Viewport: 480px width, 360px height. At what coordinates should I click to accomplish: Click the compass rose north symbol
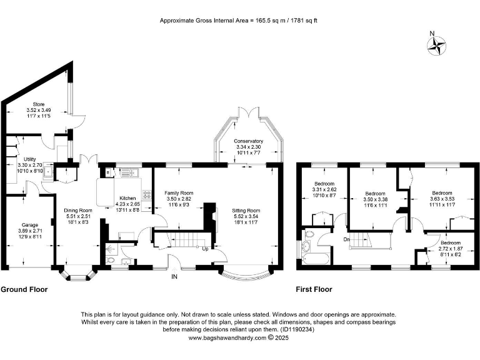[x=436, y=46]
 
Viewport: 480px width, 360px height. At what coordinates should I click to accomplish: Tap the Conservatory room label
[x=248, y=141]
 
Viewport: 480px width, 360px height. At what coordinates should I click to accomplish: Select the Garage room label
[x=30, y=225]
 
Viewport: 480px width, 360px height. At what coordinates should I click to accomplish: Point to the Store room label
[x=39, y=104]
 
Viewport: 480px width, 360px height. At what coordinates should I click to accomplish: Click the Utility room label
[x=30, y=159]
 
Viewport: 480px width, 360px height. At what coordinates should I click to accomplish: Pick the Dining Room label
[x=77, y=210]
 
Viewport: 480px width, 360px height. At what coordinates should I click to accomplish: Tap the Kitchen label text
[x=127, y=198]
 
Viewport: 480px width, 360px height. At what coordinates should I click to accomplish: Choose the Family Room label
[x=179, y=193]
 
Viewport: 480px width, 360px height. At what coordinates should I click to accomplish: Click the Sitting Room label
[x=246, y=210]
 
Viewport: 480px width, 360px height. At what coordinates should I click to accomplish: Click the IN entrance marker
[x=174, y=277]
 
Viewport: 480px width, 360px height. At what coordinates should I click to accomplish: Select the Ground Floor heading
[x=24, y=289]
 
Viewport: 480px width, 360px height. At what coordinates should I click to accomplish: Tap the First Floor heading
[x=314, y=289]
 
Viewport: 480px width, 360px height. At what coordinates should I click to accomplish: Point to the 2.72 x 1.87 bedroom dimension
[x=451, y=249]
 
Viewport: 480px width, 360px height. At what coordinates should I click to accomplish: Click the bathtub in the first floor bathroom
[x=316, y=259]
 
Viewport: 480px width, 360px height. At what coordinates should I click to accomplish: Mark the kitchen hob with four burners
[x=147, y=195]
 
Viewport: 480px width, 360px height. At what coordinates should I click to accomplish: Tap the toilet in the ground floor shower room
[x=111, y=261]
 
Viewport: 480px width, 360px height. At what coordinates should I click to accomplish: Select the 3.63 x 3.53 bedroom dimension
[x=442, y=199]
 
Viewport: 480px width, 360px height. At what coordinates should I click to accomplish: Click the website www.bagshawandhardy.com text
[x=227, y=338]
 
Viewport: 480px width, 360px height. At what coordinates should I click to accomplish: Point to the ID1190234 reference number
[x=297, y=330]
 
